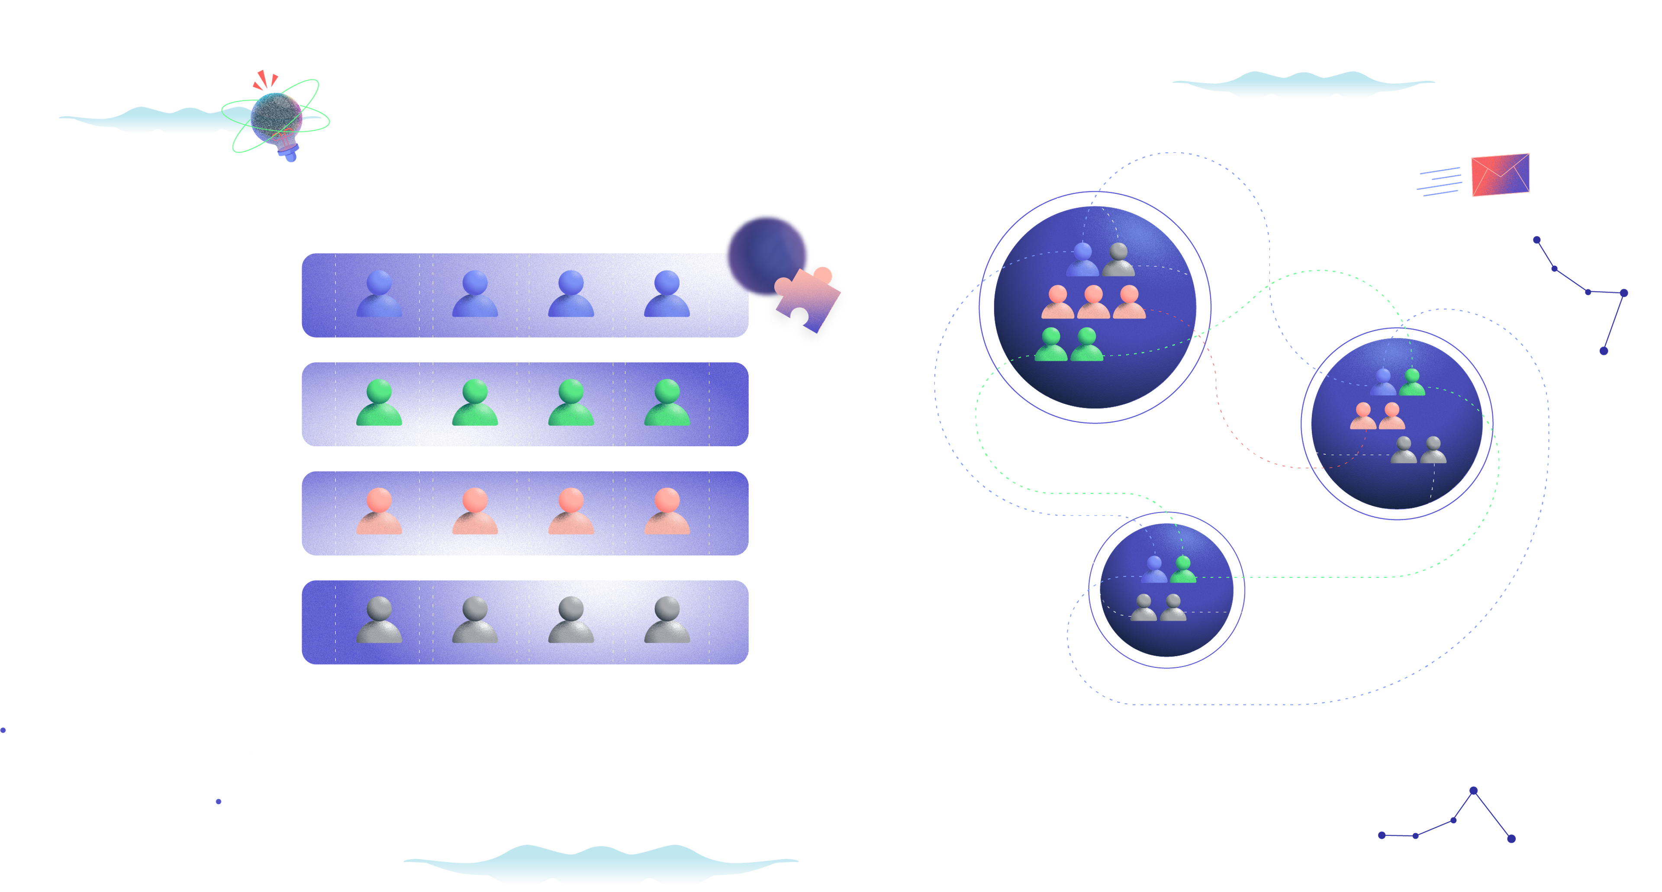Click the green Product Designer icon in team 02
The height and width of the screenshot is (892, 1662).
pos(475,403)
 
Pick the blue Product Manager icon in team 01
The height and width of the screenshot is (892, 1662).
pos(380,294)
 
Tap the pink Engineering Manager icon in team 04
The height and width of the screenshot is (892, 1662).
pos(667,512)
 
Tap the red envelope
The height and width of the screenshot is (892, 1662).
pos(1500,175)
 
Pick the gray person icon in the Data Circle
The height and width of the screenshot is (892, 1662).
pos(1119,260)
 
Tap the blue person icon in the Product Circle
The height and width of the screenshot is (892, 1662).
pos(1383,383)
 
